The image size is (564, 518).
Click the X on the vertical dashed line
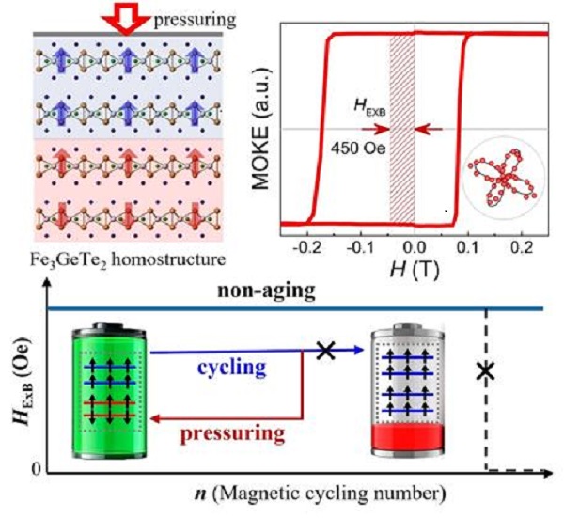point(485,370)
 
